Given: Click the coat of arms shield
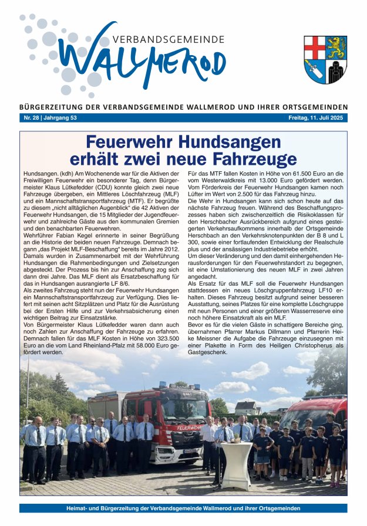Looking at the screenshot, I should click(x=325, y=59).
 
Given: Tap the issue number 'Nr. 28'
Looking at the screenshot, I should click(x=30, y=118).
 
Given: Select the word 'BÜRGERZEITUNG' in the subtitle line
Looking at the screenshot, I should click(x=52, y=107).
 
